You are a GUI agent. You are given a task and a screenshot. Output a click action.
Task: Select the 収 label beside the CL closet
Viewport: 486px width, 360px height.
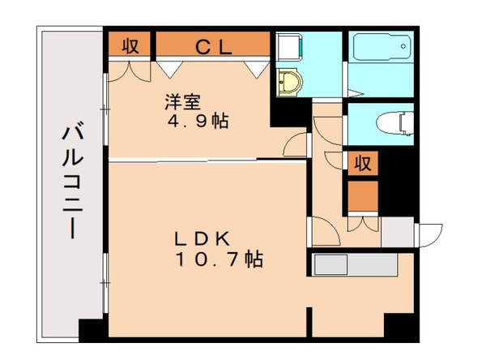coord(129,46)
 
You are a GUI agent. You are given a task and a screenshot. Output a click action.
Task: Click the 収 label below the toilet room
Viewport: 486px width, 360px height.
coord(362,163)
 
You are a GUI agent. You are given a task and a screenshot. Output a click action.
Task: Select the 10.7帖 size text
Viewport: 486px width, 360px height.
coord(216,260)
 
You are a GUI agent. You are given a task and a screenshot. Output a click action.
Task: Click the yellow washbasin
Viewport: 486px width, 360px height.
coord(289,82)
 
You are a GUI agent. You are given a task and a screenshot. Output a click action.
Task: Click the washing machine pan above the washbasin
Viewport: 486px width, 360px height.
coord(288,49)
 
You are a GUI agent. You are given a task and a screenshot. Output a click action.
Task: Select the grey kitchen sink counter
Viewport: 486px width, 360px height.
coord(353,265)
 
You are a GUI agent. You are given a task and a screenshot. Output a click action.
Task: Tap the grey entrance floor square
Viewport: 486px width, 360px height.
coord(397,233)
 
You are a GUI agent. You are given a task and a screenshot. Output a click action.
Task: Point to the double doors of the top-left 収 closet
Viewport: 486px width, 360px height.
coord(129,70)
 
